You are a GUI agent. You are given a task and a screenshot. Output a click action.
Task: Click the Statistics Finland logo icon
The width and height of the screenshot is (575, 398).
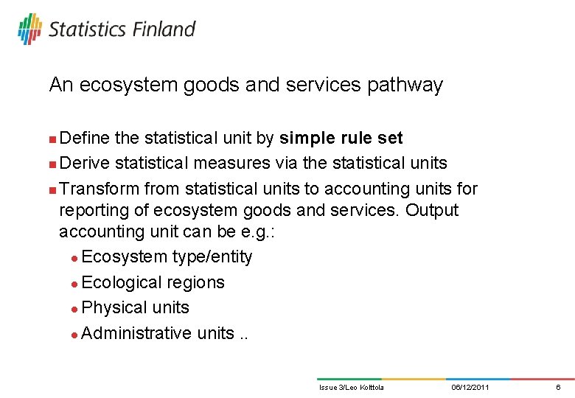(30, 29)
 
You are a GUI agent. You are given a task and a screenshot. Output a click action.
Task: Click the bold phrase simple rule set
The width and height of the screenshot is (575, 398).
(341, 138)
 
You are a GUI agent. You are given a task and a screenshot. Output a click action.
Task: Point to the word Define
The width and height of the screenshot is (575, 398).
(83, 138)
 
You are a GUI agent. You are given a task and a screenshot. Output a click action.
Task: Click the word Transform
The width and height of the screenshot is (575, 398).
(100, 189)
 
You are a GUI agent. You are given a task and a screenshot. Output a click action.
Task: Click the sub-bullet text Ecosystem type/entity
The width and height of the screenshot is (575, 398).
(167, 256)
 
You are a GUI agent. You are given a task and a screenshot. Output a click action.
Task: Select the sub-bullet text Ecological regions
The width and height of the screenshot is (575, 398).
(153, 282)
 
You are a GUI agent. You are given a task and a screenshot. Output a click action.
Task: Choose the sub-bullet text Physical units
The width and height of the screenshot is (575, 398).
(136, 307)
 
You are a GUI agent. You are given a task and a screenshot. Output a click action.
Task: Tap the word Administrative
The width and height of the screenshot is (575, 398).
(136, 333)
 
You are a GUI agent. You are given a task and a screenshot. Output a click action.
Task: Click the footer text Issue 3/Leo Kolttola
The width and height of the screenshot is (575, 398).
(351, 387)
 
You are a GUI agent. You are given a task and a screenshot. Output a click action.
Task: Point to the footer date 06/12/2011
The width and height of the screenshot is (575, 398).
(470, 387)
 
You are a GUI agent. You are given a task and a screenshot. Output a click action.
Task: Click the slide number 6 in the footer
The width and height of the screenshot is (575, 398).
(558, 387)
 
